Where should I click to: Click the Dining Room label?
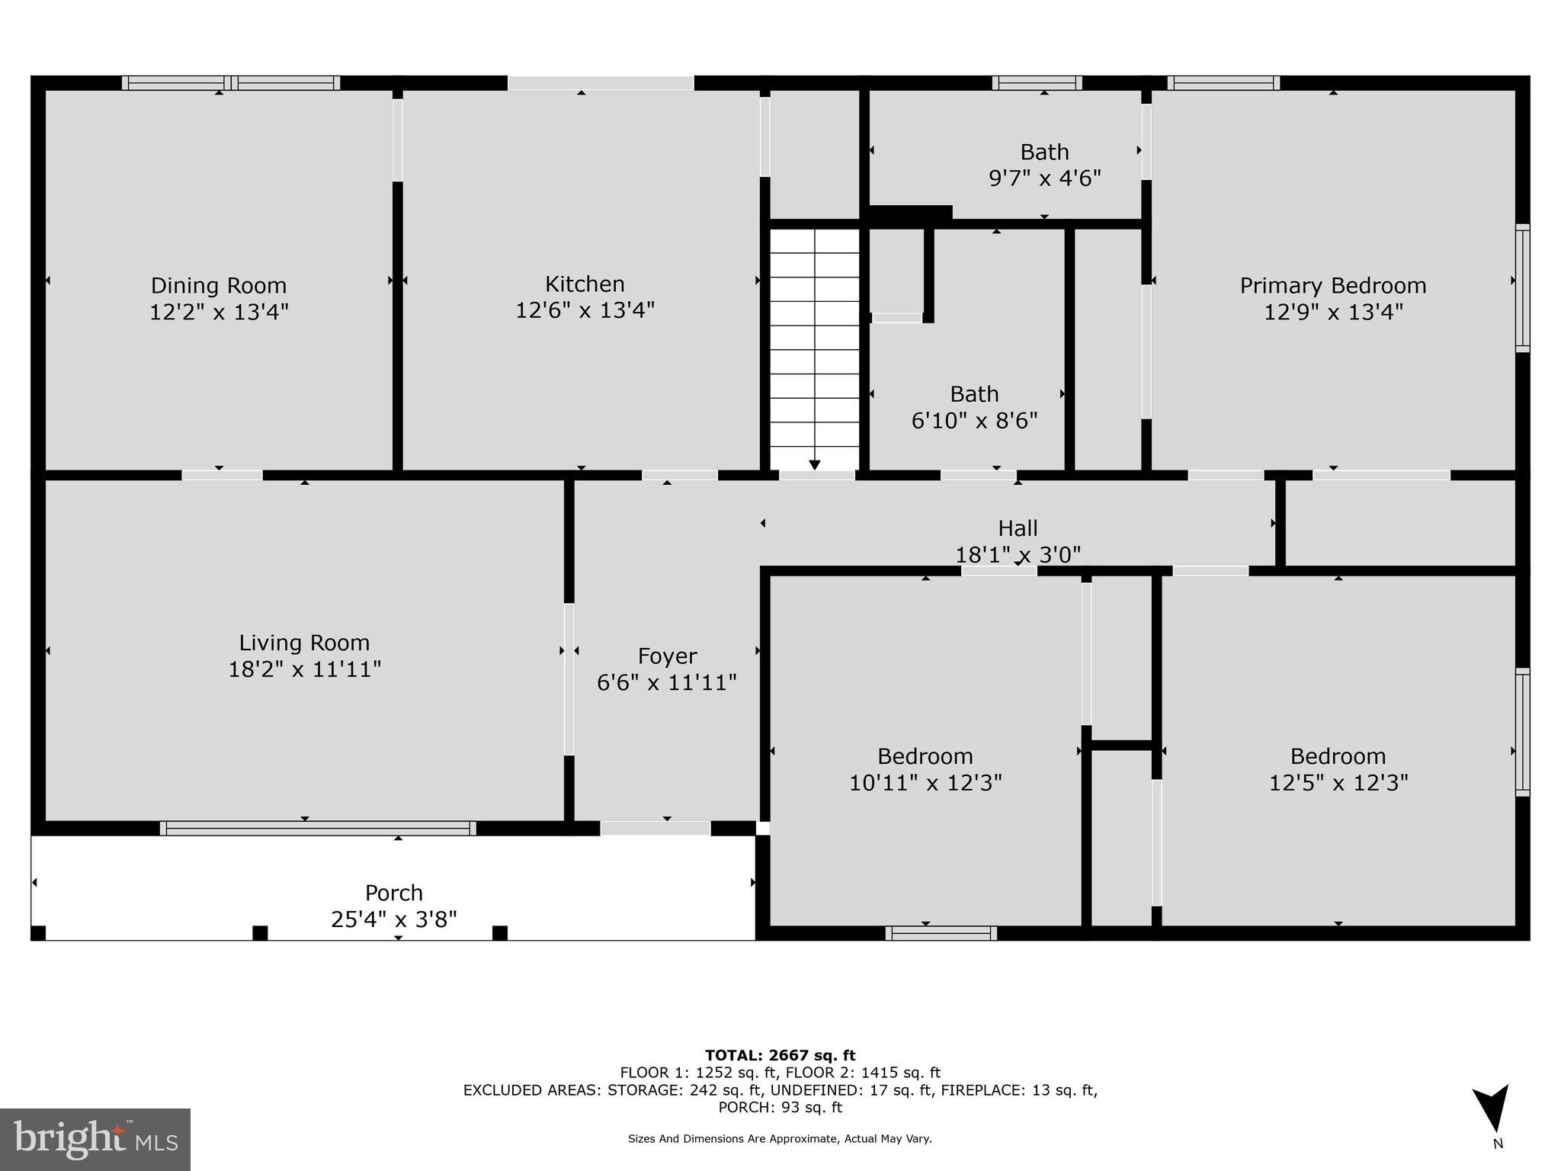pos(219,286)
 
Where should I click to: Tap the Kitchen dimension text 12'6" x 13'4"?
pos(585,310)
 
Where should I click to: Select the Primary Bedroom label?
pos(1332,286)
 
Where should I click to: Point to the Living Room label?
pos(304,643)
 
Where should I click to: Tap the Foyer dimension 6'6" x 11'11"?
pos(666,682)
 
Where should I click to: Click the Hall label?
pos(1018,528)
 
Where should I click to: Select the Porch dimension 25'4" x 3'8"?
pos(393,919)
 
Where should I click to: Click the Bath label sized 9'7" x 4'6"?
pos(1044,152)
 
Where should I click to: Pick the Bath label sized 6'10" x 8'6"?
pos(974,394)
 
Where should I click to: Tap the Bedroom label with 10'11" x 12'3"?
pos(925,756)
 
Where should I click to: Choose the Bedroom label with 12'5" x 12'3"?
pos(1338,756)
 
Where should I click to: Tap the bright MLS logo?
pos(95,1139)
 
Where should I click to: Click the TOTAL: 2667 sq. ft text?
pos(780,1056)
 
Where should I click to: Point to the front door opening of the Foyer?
pos(655,828)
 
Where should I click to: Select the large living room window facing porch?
pos(318,828)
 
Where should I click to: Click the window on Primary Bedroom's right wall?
pos(1522,288)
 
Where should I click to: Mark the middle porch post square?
pos(260,932)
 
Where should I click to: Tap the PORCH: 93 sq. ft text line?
pos(780,1108)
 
